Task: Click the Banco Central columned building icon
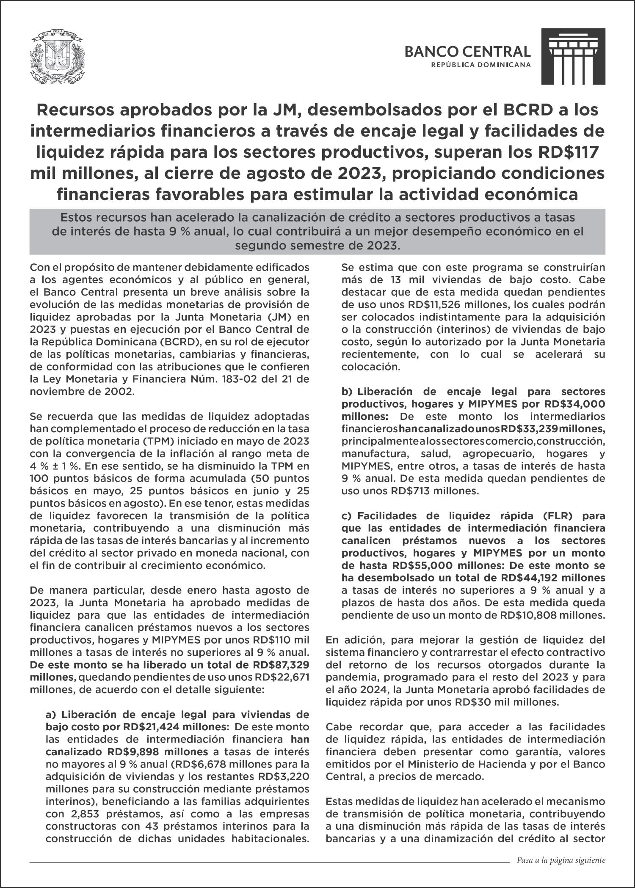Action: tap(573, 56)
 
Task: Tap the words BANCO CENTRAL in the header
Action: tap(467, 52)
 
